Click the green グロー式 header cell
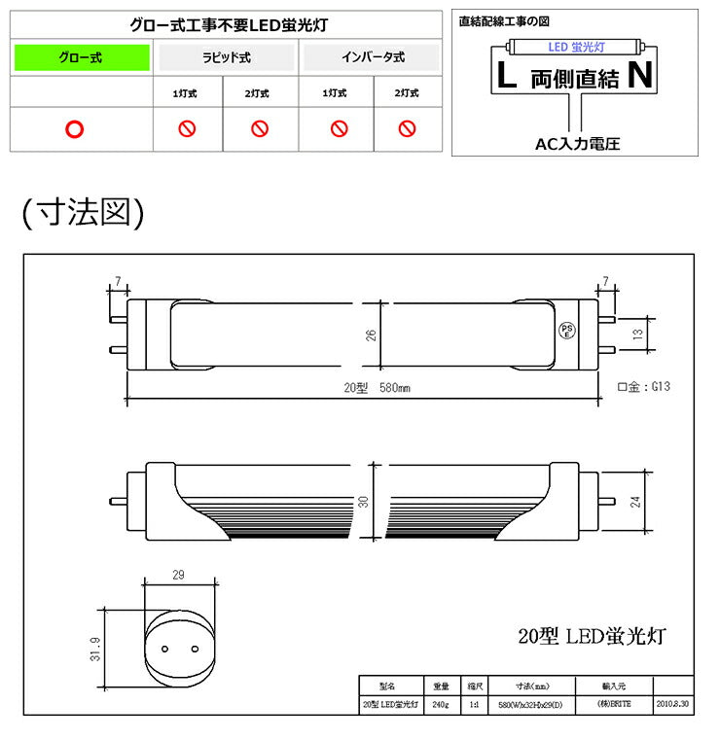(x=82, y=58)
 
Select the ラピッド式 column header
(x=226, y=58)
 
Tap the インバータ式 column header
(x=372, y=58)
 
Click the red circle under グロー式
(x=75, y=129)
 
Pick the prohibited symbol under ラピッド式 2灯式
(x=260, y=129)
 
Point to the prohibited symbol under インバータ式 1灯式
(x=339, y=129)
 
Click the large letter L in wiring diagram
(x=507, y=76)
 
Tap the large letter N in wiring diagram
(x=639, y=76)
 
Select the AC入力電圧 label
(x=577, y=144)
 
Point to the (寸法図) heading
(x=83, y=212)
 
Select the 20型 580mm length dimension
(x=377, y=387)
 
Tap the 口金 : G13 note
(x=644, y=386)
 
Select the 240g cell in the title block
(x=440, y=703)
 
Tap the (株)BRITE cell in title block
(x=614, y=703)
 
